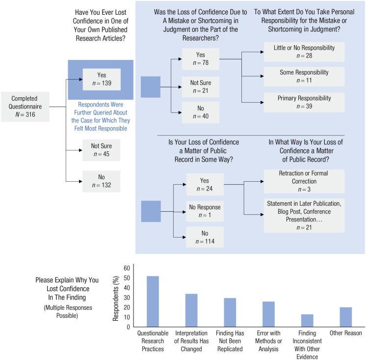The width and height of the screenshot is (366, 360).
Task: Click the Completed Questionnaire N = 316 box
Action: [x=26, y=107]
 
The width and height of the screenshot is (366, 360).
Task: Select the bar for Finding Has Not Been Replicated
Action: [x=230, y=312]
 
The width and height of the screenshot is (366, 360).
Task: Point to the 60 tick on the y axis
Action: [x=127, y=268]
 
